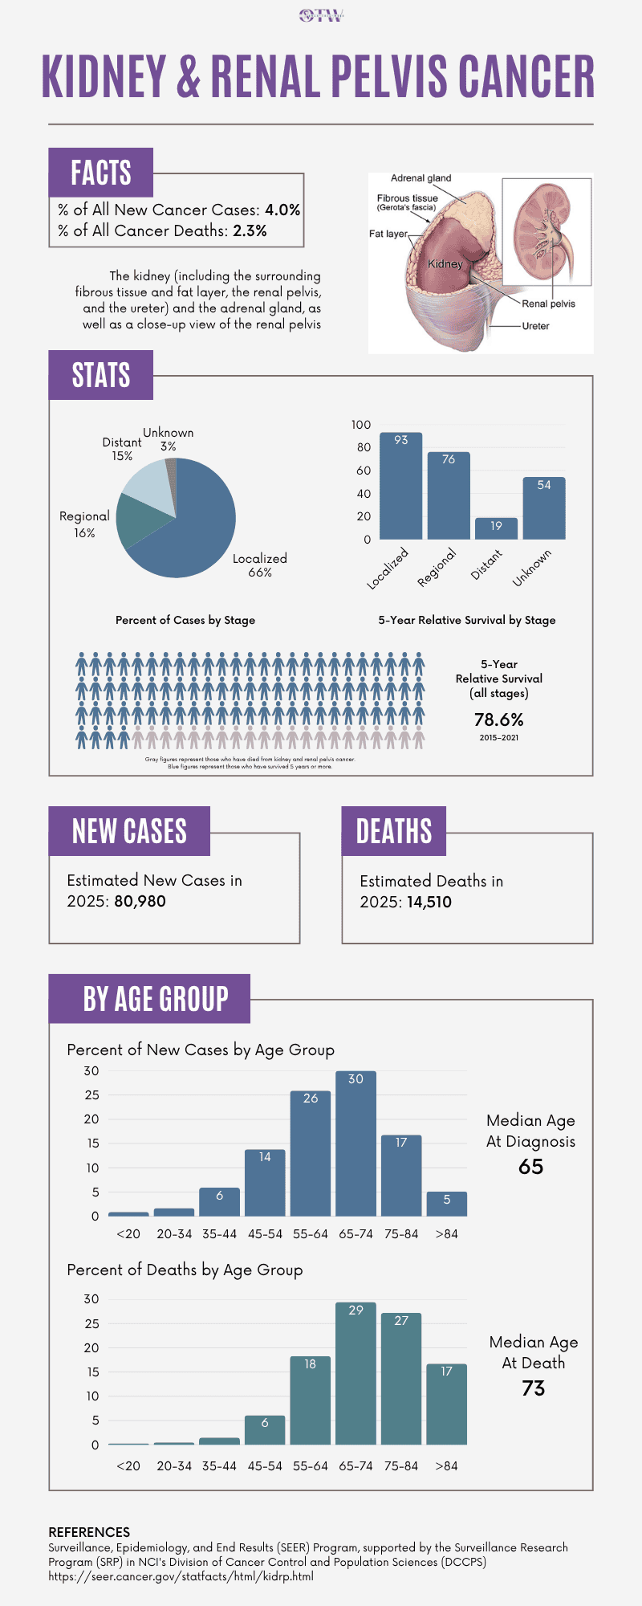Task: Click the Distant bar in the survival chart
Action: [x=496, y=528]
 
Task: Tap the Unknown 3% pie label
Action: [x=169, y=439]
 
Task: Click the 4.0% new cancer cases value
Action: [x=282, y=210]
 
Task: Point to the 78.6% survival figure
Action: [x=498, y=719]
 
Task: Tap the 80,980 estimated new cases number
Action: [x=140, y=901]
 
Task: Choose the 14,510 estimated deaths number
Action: [x=429, y=902]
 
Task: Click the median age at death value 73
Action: [x=534, y=1388]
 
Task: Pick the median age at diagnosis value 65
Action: [x=530, y=1167]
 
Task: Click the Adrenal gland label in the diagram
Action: [x=421, y=178]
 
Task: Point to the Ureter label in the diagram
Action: [x=535, y=326]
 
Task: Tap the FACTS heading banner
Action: [x=100, y=173]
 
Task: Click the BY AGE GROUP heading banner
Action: [x=155, y=999]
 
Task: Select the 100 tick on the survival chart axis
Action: [x=361, y=425]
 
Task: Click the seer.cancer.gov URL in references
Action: [x=181, y=1576]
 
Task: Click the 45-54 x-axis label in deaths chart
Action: [x=265, y=1465]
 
